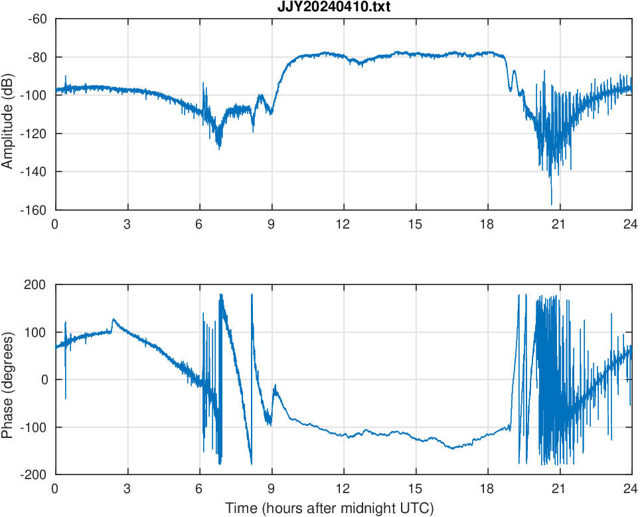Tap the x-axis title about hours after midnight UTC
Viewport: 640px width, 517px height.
click(329, 508)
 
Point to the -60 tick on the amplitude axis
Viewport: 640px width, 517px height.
click(37, 19)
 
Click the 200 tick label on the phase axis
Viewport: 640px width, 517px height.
click(37, 285)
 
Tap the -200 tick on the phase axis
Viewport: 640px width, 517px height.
click(35, 474)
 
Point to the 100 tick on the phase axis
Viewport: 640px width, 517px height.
click(37, 332)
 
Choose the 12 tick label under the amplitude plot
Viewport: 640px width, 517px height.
click(343, 224)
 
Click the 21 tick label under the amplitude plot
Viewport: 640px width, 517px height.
click(559, 224)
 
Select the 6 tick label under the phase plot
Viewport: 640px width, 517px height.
click(199, 488)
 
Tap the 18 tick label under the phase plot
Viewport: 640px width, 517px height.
click(487, 488)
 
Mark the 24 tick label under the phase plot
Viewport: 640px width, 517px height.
click(631, 488)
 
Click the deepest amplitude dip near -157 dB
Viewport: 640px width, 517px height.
click(551, 204)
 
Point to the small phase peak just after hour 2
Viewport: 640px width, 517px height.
click(114, 320)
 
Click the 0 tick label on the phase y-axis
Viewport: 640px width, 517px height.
click(43, 379)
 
